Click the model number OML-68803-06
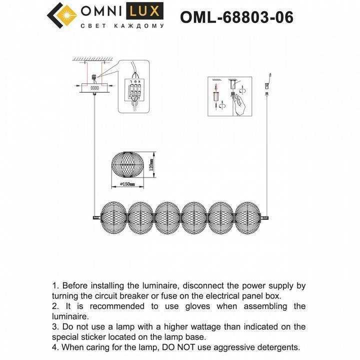point(236,17)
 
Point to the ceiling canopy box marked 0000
point(94,87)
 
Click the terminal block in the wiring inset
point(134,90)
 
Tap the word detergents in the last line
point(275,347)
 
